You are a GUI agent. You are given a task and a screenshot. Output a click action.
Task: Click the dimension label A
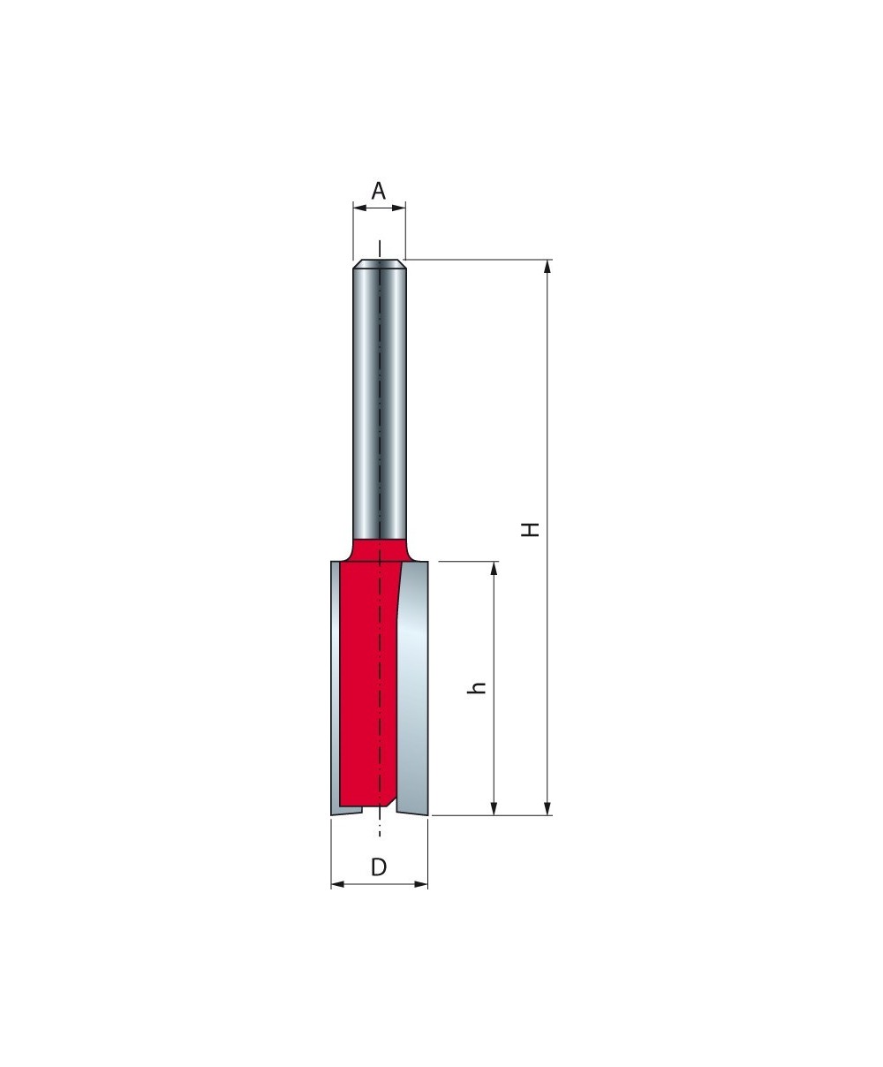coord(378,191)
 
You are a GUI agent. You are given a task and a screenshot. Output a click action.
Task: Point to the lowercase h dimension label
coord(476,687)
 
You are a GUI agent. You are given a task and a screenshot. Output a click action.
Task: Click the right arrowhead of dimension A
coord(399,208)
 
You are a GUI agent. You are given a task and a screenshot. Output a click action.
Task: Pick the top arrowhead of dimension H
coord(547,267)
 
